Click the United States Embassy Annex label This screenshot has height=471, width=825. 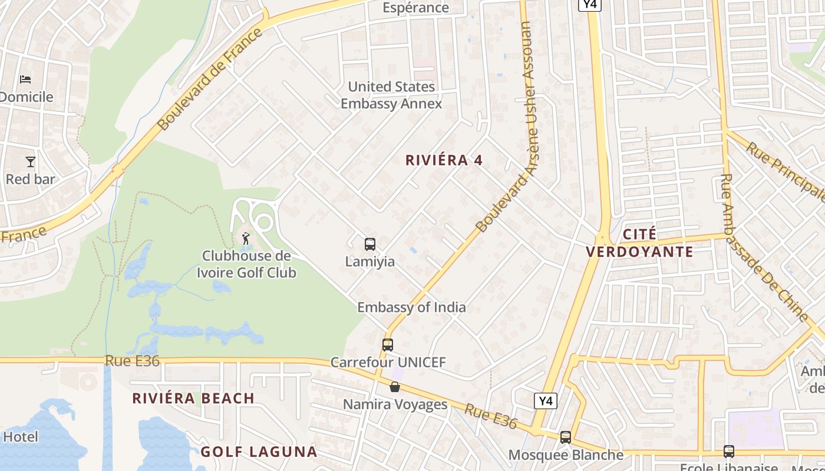pos(391,95)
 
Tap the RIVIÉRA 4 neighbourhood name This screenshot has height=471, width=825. pos(444,160)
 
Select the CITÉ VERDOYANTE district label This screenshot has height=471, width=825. pos(639,243)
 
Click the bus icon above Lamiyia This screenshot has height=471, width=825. pos(370,244)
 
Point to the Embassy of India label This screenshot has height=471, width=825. pos(411,307)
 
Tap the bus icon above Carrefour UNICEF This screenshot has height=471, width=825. pos(388,345)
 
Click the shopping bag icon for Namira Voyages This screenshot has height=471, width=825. pos(395,387)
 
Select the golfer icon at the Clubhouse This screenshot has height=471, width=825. pos(246,238)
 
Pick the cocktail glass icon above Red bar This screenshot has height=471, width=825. pos(31,161)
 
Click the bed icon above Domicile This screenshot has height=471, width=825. pos(25,79)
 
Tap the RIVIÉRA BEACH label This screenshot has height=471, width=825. pos(193,399)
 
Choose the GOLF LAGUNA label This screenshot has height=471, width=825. pos(259,452)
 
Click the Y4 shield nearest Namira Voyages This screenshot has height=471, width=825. pos(546,402)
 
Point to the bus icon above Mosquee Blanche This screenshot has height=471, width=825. pos(566,437)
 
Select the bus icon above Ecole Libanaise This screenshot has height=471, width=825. pos(729,452)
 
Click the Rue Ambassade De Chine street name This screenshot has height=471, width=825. pos(763,247)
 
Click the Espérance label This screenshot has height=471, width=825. pos(415,8)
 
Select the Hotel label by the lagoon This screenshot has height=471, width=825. pos(21,437)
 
